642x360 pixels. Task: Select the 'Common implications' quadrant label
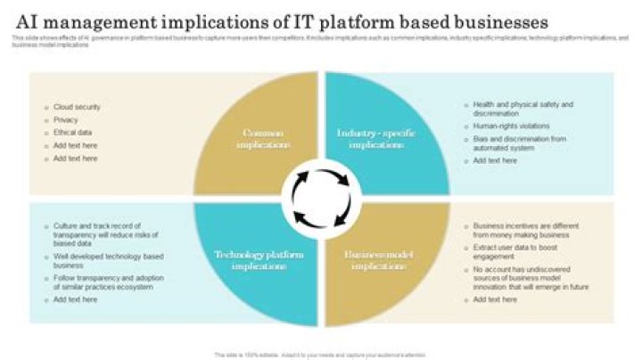click(263, 138)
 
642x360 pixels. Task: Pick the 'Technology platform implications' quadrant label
click(259, 260)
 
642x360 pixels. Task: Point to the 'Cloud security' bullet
click(77, 107)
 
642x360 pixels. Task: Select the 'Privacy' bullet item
click(66, 119)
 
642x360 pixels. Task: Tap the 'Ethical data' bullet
click(73, 132)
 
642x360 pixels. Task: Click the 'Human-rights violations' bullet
click(511, 126)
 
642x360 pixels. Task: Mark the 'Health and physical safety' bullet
click(522, 109)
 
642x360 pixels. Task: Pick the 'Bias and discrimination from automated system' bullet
click(520, 143)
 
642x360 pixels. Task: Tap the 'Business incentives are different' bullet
click(519, 230)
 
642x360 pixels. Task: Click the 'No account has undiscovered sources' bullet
click(530, 278)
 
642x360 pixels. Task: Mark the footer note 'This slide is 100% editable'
click(321, 354)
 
